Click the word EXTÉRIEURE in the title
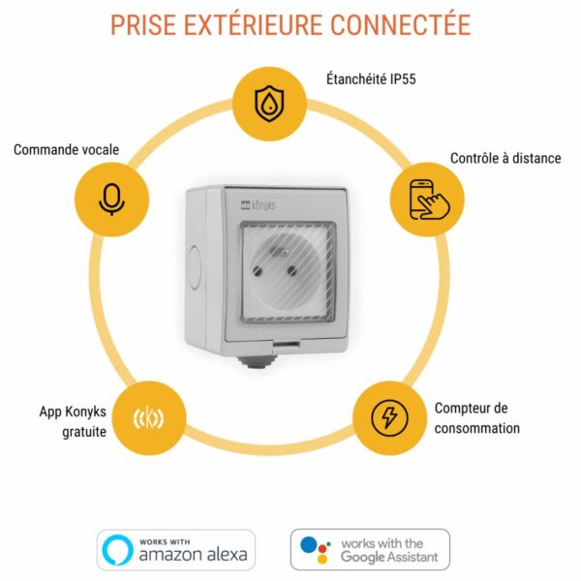[x=254, y=24]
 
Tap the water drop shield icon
[x=269, y=104]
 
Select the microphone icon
[x=112, y=199]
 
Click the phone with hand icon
[x=429, y=199]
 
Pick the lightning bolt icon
[x=389, y=418]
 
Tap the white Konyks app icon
[x=148, y=417]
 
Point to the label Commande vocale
[x=66, y=150]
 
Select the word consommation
[x=477, y=428]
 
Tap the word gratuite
[x=84, y=432]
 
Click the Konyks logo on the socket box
[x=258, y=205]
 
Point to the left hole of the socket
[x=258, y=271]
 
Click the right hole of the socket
[x=292, y=271]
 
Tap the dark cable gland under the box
[x=259, y=361]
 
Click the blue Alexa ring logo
[x=117, y=550]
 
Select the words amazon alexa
[x=193, y=555]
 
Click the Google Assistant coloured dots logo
[x=315, y=549]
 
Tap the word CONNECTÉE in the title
[x=401, y=24]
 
